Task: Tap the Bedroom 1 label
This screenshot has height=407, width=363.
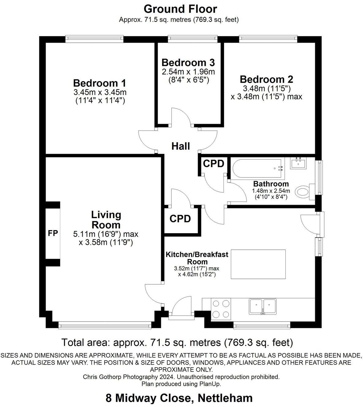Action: pos(100,83)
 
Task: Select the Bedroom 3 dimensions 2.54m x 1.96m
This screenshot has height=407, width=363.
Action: pos(188,72)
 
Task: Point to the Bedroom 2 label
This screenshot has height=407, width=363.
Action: pos(266,79)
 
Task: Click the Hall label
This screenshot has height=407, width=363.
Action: pos(181,146)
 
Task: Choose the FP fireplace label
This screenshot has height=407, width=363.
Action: pos(53,233)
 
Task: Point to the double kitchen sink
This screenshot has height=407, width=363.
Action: pos(262,306)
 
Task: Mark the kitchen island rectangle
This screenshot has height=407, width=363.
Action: pos(258,264)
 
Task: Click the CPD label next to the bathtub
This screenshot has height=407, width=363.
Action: pos(214,164)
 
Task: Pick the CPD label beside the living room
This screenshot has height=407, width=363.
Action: pos(180,219)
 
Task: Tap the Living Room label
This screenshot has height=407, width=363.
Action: pos(106,220)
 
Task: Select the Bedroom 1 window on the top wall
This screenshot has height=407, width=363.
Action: pos(94,39)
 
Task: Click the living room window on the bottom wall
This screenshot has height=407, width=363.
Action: pos(105,325)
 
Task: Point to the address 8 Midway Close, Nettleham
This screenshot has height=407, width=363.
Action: pos(179,398)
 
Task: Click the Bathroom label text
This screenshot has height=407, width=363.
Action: pos(271,184)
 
